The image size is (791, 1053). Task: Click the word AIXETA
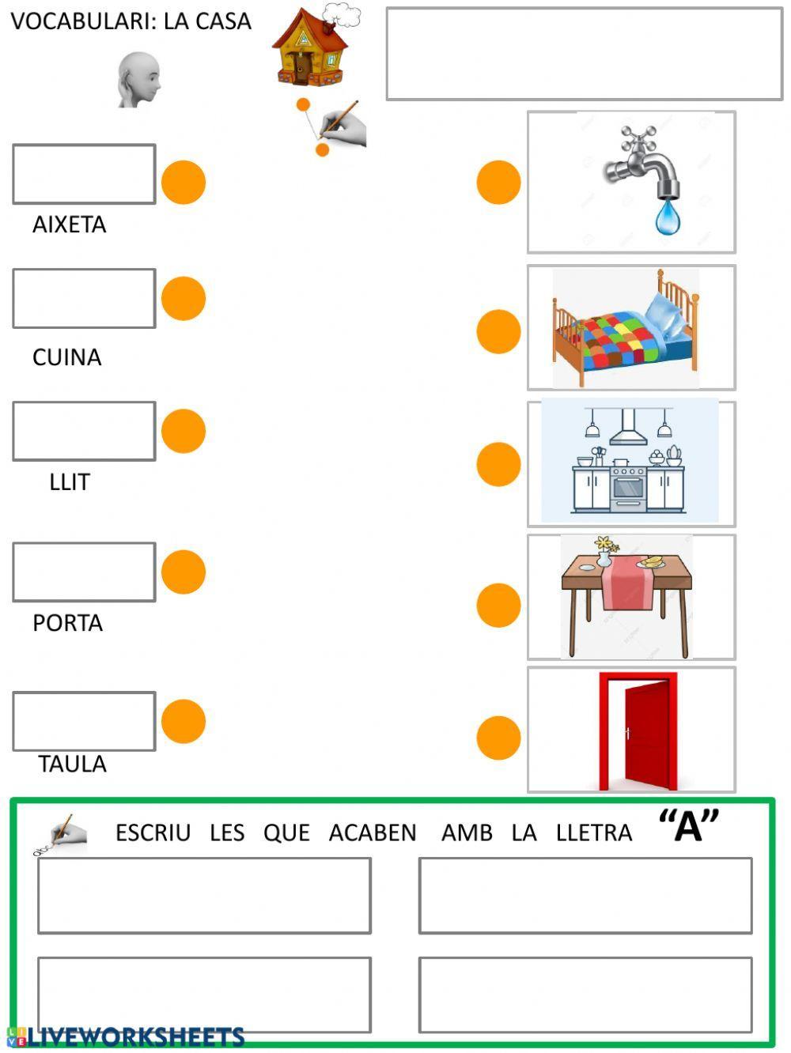[x=69, y=225]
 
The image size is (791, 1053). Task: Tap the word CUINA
[x=66, y=357]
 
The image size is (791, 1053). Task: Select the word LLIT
[x=70, y=482]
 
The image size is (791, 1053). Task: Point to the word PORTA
[x=67, y=623]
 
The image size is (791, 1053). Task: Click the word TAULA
[x=72, y=764]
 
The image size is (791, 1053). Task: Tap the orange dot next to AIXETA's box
[x=184, y=183]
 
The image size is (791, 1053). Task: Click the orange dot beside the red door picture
[x=498, y=738]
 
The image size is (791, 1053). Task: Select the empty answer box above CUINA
[x=84, y=299]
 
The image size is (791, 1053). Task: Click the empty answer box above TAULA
[x=84, y=721]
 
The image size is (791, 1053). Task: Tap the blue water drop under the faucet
[x=667, y=217]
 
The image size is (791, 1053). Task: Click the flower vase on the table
[x=605, y=552]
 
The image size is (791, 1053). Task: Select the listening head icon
[x=139, y=79]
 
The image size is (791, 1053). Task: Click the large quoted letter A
[x=689, y=826]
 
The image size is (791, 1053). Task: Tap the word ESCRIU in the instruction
[x=153, y=833]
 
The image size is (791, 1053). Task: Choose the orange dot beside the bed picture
[x=498, y=331]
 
